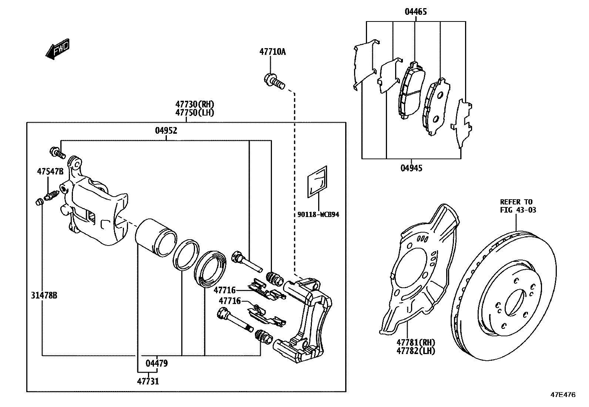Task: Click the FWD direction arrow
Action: pos(58,49)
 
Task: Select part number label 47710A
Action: pos(272,52)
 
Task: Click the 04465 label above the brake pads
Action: pos(415,12)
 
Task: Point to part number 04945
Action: pos(411,168)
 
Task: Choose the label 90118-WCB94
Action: pos(318,214)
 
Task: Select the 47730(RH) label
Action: pos(195,104)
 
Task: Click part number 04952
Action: pos(166,130)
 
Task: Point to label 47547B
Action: pos(50,171)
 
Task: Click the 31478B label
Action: pos(44,296)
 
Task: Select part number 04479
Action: pos(156,364)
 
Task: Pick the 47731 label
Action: pos(148,381)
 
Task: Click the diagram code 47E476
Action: pos(563,395)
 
